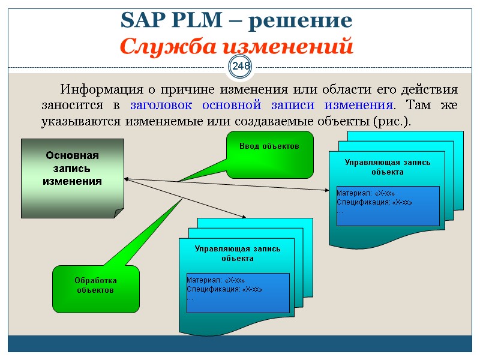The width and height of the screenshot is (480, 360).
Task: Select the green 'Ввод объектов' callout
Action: [269, 154]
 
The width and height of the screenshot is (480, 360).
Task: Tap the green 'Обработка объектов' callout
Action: [96, 286]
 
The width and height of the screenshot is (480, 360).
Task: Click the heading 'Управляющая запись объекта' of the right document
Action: [387, 167]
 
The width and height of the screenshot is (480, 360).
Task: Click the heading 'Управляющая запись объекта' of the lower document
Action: [237, 253]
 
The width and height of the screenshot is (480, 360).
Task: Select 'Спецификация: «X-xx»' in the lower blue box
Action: [224, 289]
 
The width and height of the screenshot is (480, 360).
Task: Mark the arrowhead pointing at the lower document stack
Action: [245, 217]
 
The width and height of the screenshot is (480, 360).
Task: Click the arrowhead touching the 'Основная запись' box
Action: [127, 178]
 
